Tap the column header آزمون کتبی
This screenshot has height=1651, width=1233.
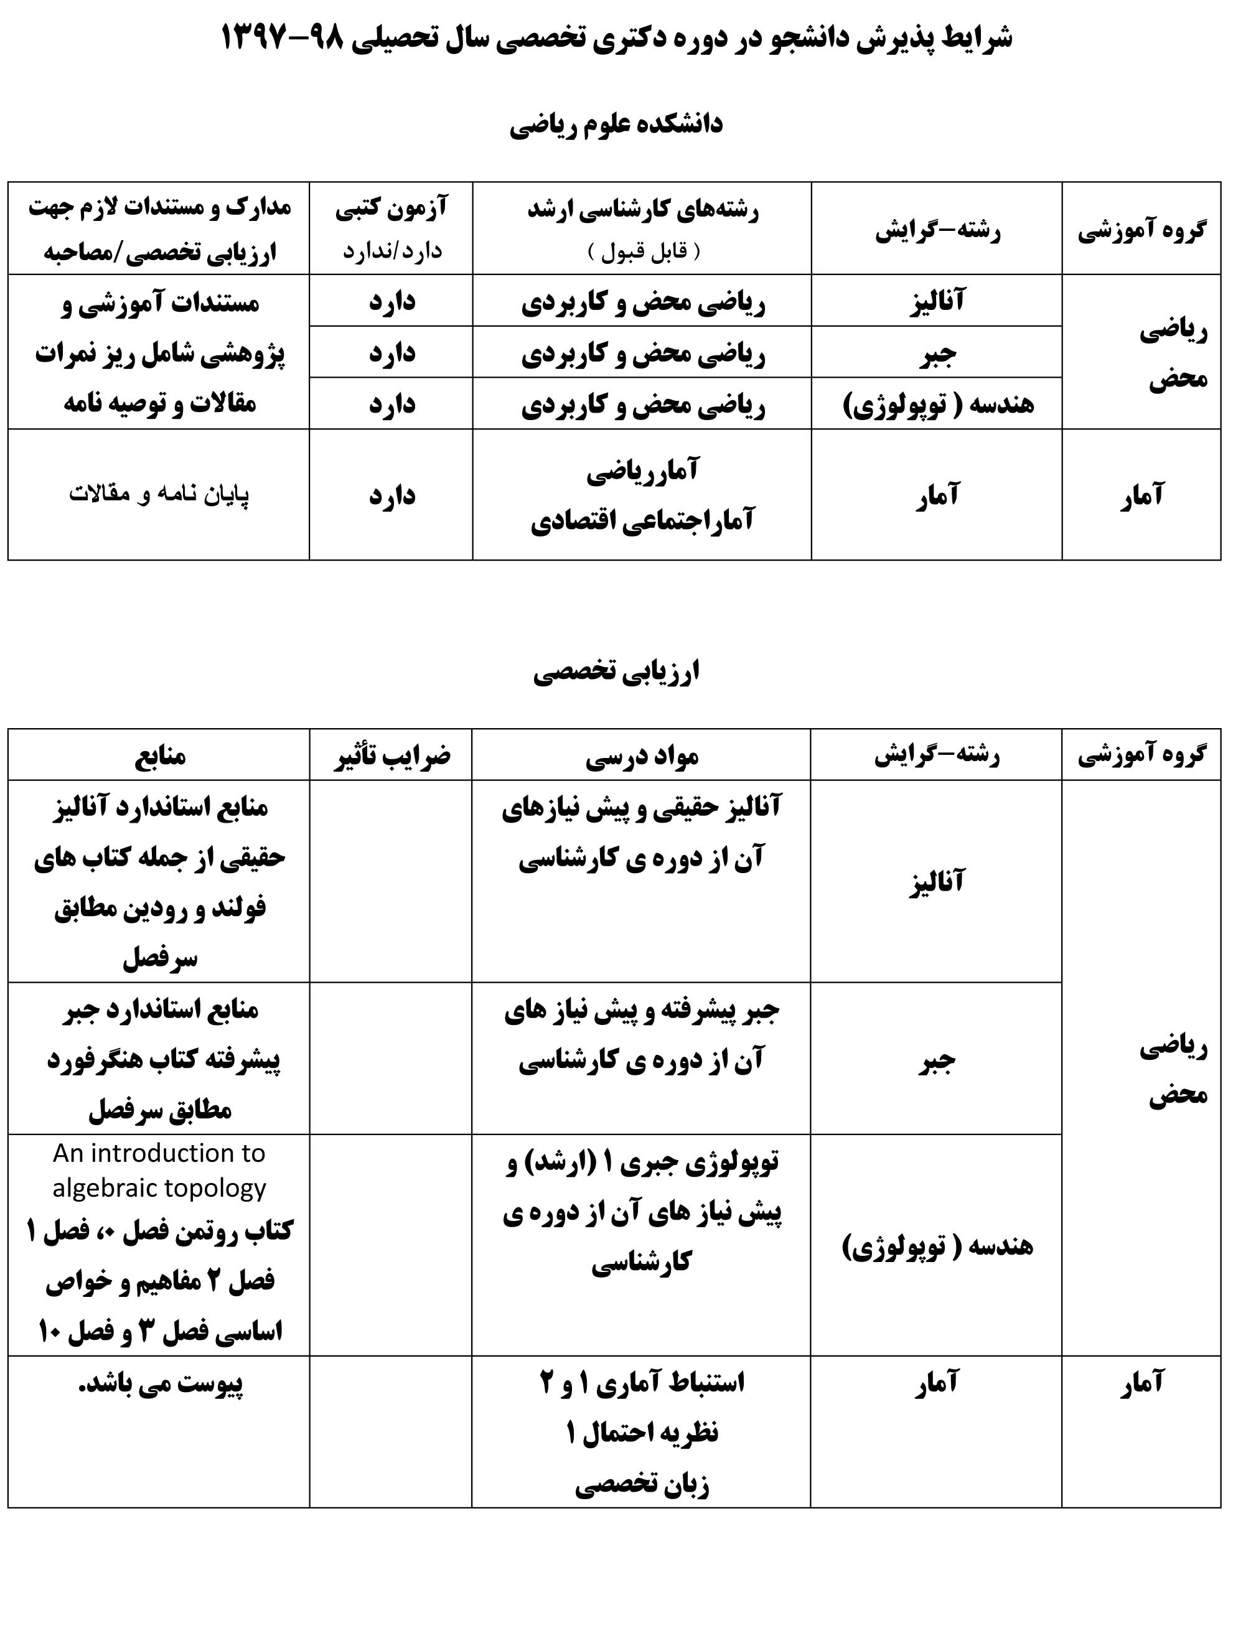(x=391, y=208)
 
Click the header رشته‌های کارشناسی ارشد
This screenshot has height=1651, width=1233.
(x=642, y=210)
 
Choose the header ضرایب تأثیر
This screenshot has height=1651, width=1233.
(x=391, y=755)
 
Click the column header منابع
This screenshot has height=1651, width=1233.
(x=160, y=755)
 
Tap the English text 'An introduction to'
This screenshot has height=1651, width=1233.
(x=159, y=1153)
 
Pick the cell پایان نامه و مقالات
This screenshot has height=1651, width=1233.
(x=159, y=495)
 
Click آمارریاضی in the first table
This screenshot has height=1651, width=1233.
(x=642, y=470)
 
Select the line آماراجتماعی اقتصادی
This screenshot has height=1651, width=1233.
(x=642, y=520)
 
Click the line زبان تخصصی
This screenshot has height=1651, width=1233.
(x=642, y=1485)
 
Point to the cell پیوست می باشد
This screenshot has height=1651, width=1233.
(x=161, y=1382)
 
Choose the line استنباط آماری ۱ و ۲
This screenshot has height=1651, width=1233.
(x=642, y=1382)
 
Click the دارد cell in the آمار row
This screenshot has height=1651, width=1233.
(x=391, y=495)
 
